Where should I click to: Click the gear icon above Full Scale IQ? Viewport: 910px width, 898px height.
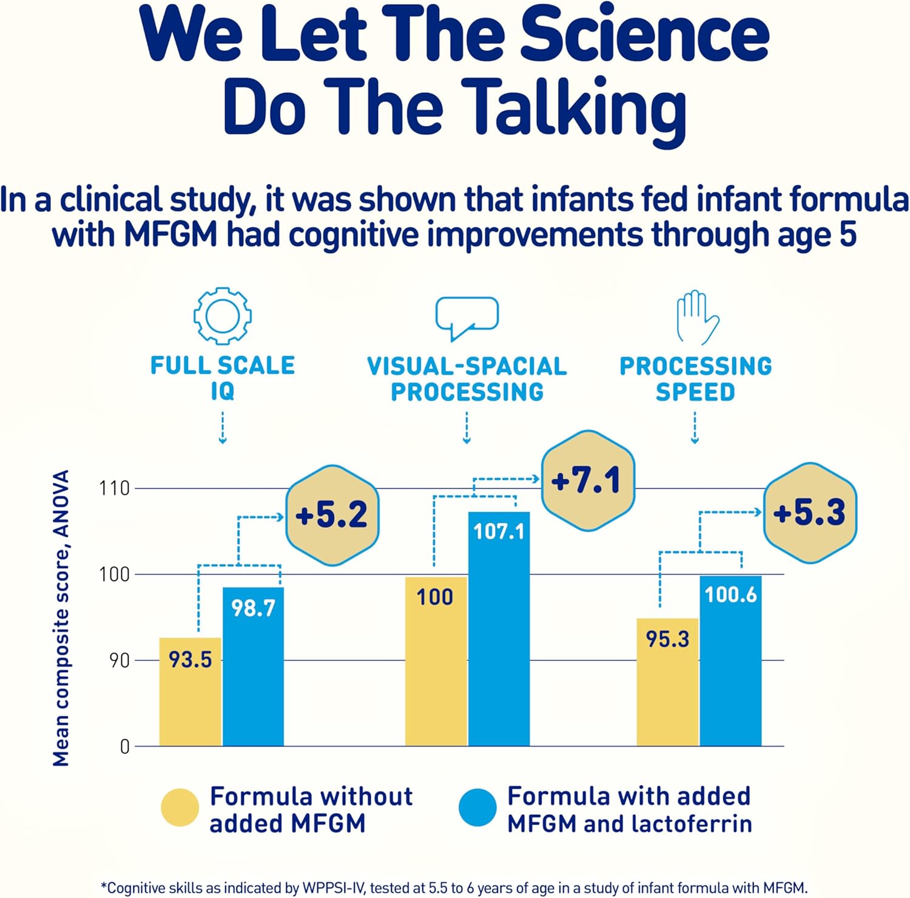pos(223,316)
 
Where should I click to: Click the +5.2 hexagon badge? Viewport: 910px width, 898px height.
pos(332,515)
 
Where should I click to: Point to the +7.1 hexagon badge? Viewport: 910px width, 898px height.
pos(587,481)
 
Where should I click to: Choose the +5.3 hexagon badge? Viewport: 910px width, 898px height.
pos(809,512)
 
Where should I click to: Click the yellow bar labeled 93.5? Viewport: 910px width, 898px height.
pos(190,692)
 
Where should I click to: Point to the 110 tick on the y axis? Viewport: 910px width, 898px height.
pos(115,488)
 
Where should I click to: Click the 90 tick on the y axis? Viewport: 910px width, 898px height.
pos(120,661)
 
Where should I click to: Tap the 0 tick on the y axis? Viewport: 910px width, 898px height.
pos(124,746)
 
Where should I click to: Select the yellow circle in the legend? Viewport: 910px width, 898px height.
pos(180,808)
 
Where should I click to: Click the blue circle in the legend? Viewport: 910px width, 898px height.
pos(478,808)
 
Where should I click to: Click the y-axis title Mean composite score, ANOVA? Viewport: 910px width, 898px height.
pos(61,618)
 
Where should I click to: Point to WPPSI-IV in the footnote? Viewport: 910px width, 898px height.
pos(334,888)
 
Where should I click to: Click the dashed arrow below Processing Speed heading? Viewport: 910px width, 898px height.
pos(695,427)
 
